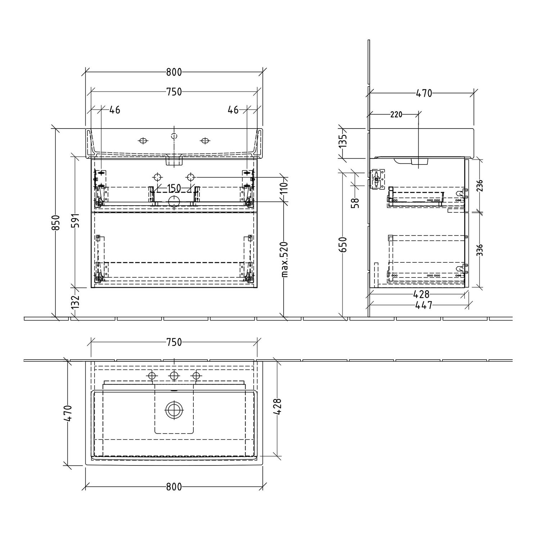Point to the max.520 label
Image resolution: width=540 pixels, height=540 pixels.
point(285,259)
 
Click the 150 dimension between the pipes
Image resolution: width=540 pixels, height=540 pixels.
point(174,188)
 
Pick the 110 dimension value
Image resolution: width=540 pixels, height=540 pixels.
point(285,189)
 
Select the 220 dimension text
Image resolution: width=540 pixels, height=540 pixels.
point(396,115)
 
